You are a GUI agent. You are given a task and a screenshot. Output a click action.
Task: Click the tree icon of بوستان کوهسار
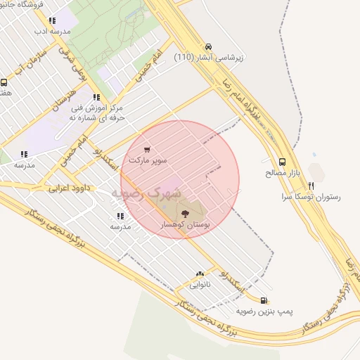tap(185, 212)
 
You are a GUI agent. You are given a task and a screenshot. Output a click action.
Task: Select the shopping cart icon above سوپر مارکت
tap(146, 149)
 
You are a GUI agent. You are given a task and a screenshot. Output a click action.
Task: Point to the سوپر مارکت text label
tap(148, 160)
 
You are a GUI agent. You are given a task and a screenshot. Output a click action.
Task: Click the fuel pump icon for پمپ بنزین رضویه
tap(264, 299)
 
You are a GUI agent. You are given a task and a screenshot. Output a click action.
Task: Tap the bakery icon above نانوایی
tap(200, 274)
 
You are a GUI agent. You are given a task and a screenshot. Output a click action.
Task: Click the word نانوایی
tap(200, 285)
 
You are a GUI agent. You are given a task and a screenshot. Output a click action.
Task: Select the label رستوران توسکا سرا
tap(310, 197)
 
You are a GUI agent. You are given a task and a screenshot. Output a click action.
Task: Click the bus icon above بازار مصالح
tap(282, 161)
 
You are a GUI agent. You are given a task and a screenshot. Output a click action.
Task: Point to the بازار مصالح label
tap(282, 172)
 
